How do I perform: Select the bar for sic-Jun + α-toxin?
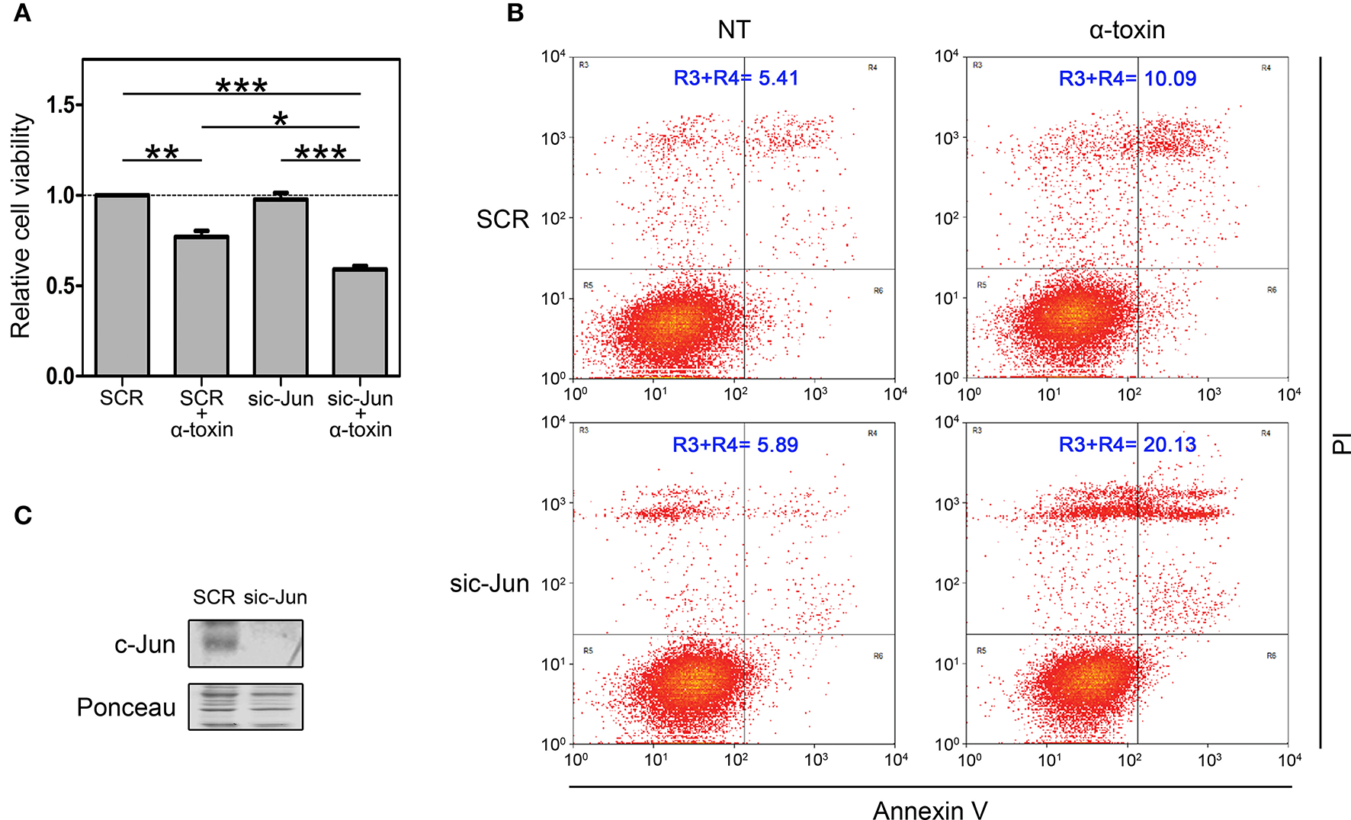[x=360, y=322]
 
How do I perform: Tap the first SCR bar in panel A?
[x=122, y=286]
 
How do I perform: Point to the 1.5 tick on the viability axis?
[x=63, y=104]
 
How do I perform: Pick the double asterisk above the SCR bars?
[x=162, y=152]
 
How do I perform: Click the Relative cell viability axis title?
[x=21, y=226]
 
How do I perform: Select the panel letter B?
[x=515, y=13]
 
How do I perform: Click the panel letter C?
[x=23, y=516]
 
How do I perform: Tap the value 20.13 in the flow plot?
[x=1170, y=444]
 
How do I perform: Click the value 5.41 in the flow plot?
[x=778, y=78]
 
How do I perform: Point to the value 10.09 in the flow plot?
[x=1170, y=78]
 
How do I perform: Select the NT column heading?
[x=733, y=30]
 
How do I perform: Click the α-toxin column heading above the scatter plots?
[x=1127, y=30]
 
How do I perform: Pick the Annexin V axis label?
[x=929, y=810]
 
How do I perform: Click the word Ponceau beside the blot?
[x=126, y=707]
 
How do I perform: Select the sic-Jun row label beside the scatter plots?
[x=489, y=584]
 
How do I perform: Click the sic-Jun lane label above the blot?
[x=275, y=597]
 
